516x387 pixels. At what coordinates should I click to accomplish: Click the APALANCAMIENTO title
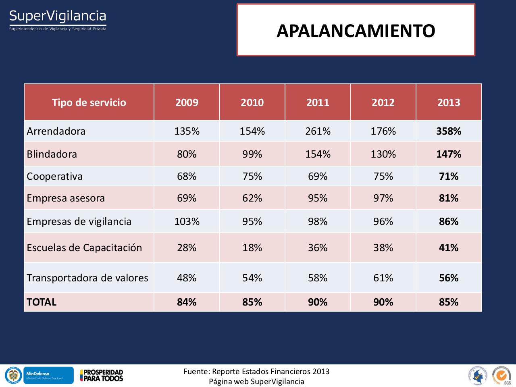pos(356,31)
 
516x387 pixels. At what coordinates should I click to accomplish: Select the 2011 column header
pos(318,102)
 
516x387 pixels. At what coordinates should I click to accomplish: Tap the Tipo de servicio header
pos(89,102)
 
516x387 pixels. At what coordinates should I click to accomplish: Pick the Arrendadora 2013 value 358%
pos(449,131)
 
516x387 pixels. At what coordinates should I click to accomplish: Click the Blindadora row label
pos(52,154)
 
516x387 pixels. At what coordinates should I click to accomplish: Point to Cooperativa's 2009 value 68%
pos(187,176)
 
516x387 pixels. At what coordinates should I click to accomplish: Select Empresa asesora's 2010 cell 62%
pos(252,198)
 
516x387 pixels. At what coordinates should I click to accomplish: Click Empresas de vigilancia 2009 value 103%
pos(187,221)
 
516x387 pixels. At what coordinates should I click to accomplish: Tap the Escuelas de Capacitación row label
pos(84,248)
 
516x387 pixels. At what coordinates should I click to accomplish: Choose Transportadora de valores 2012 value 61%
pos(383,278)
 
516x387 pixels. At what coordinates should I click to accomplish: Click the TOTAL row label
pos(42,302)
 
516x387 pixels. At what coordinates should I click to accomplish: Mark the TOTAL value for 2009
pos(187,302)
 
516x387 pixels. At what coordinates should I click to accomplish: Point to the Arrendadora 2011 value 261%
pos(318,131)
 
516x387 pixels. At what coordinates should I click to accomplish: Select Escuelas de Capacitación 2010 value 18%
pos(252,248)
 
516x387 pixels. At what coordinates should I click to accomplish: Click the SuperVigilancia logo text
pos(58,17)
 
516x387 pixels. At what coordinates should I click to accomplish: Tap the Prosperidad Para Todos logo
pos(102,375)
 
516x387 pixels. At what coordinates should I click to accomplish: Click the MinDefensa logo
pos(48,375)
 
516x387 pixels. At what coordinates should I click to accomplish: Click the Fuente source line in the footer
pos(256,371)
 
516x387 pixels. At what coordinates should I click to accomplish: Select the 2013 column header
pos(449,102)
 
